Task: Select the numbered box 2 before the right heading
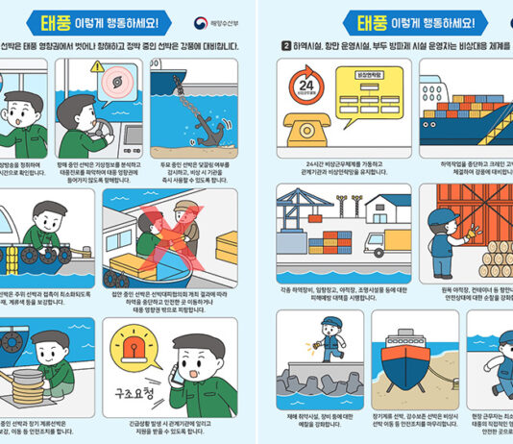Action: [x=285, y=44]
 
